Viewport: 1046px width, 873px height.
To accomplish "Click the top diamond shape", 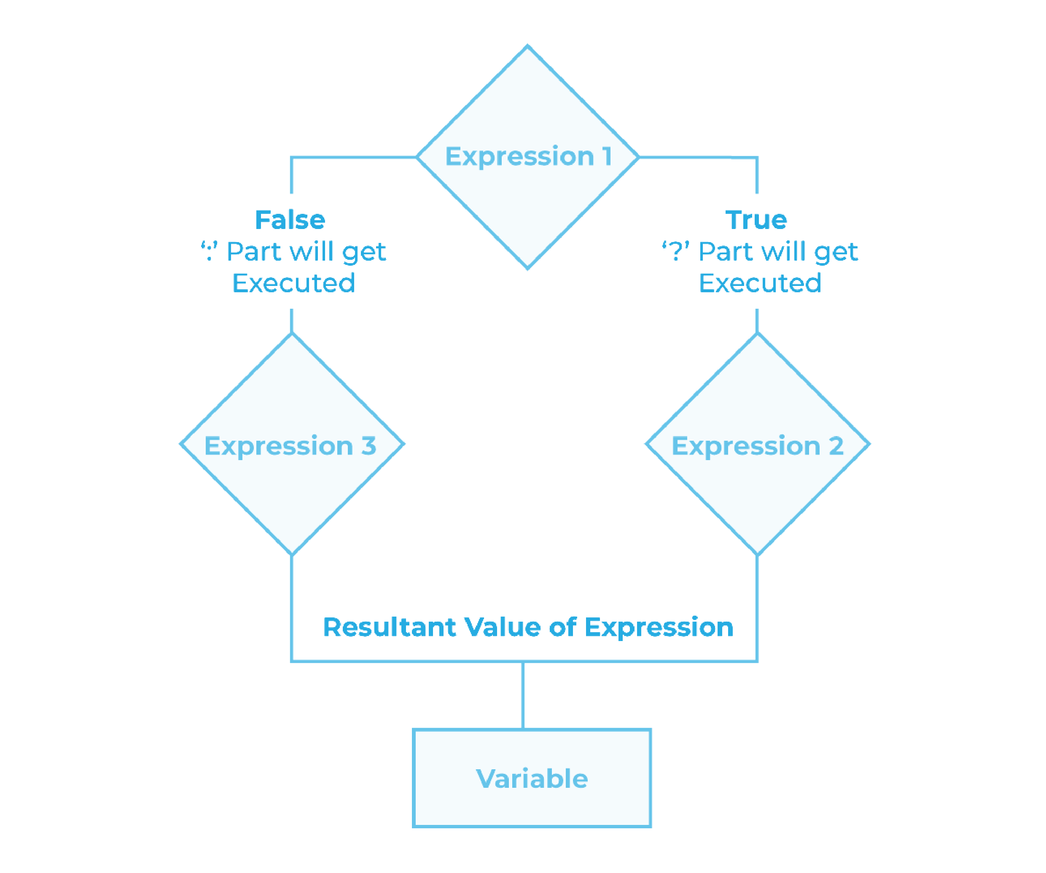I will pyautogui.click(x=527, y=157).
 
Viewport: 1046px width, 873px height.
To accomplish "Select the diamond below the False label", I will pyautogui.click(x=292, y=444).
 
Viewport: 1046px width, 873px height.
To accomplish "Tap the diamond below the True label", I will pyautogui.click(x=757, y=444).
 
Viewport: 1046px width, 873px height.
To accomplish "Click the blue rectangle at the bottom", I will pyautogui.click(x=532, y=778).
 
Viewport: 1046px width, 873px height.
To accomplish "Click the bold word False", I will pyautogui.click(x=290, y=220).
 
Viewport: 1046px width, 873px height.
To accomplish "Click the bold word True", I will pyautogui.click(x=756, y=220).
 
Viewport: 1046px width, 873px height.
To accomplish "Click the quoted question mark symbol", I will pyautogui.click(x=675, y=251).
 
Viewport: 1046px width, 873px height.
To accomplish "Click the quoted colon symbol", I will pyautogui.click(x=209, y=251).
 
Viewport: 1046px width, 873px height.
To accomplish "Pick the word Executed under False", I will pyautogui.click(x=293, y=283).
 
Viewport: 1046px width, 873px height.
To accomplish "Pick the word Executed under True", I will pyautogui.click(x=760, y=283).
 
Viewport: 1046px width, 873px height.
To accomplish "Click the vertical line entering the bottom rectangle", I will pyautogui.click(x=523, y=695).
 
